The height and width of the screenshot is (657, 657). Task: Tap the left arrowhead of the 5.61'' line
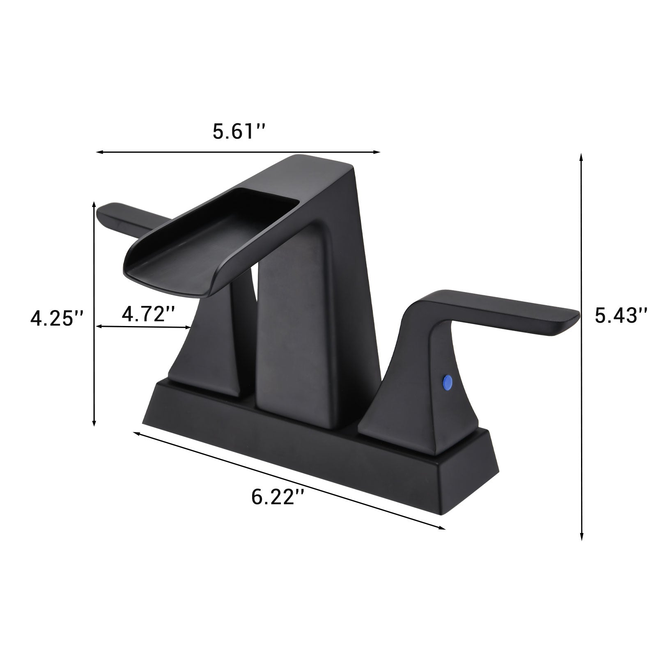(x=99, y=152)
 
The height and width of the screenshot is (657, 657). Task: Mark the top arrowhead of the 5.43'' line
(x=581, y=156)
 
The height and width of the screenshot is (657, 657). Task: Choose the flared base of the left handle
(x=205, y=370)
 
